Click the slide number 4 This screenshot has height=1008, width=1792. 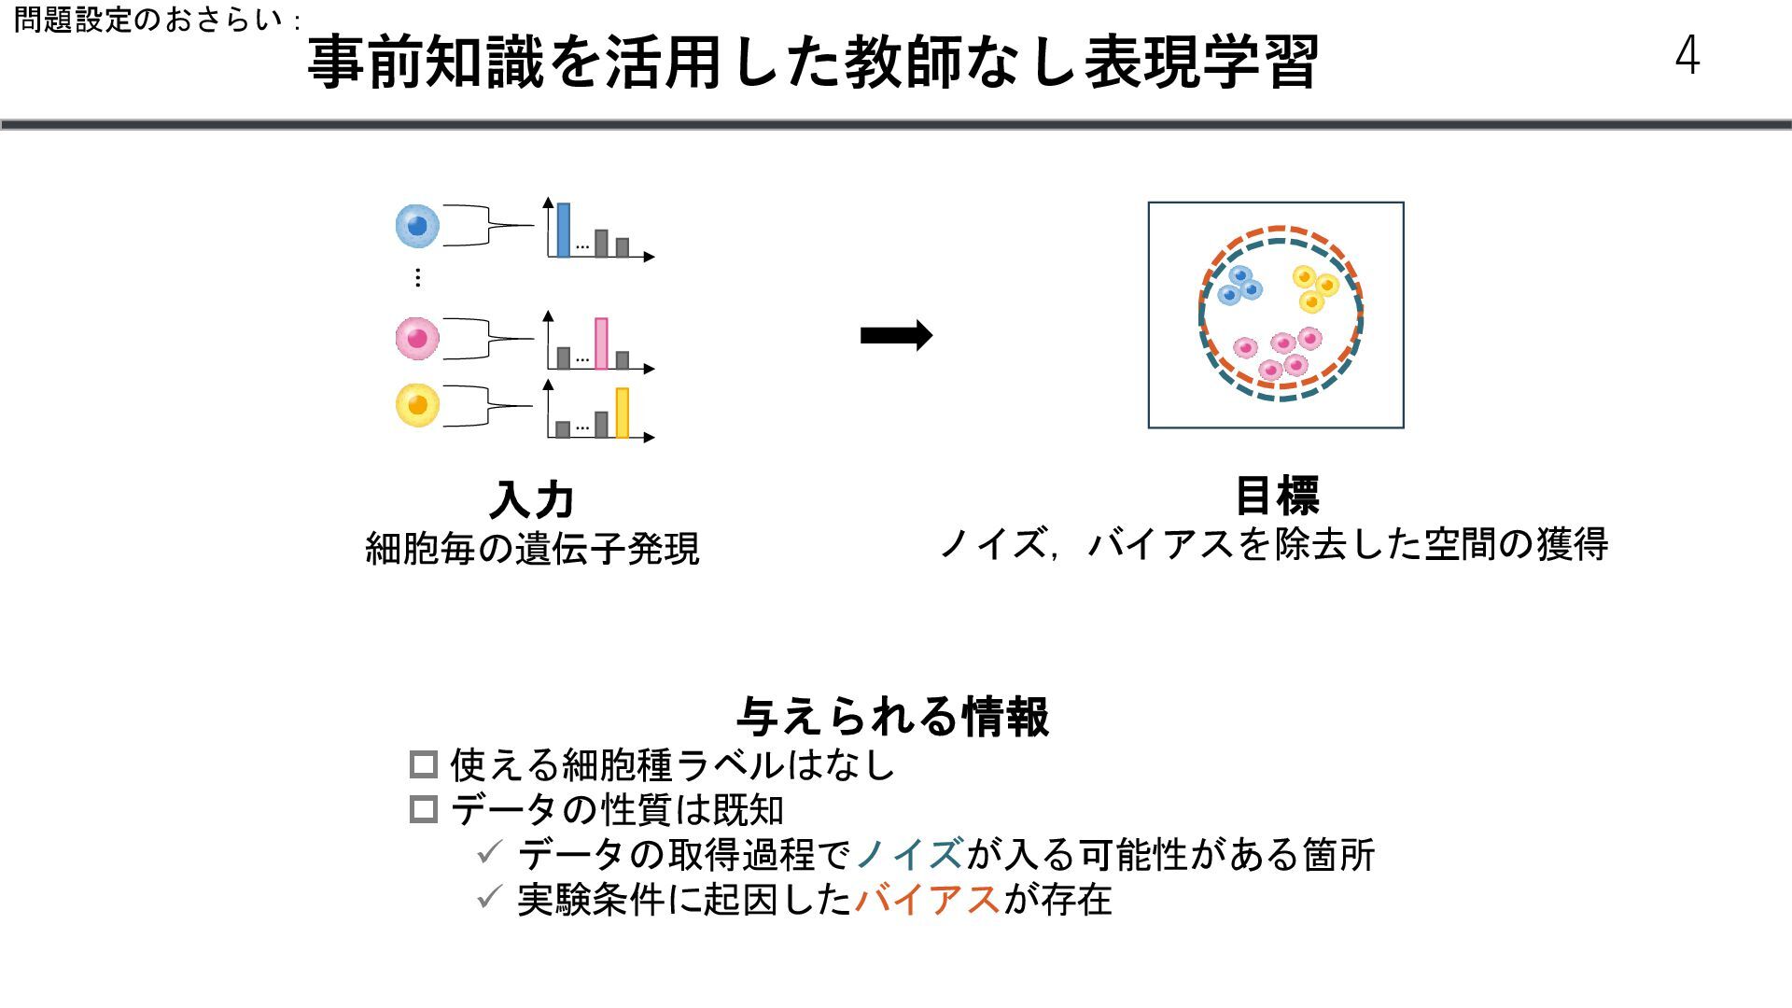point(1687,55)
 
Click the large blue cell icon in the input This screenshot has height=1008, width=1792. point(417,226)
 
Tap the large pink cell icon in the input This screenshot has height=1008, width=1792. point(417,338)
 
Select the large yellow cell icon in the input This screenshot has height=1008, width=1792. point(417,405)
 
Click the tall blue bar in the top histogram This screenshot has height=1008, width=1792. point(563,230)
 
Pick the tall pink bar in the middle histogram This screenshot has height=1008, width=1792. point(601,343)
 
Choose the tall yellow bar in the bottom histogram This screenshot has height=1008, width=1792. point(622,413)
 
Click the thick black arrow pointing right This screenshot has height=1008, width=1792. point(896,335)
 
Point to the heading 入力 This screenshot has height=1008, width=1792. point(531,499)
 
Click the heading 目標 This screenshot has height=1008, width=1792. point(1276,496)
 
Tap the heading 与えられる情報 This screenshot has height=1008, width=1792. point(893,717)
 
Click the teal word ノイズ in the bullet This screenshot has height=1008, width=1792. point(909,854)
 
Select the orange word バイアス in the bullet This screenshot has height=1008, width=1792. point(928,900)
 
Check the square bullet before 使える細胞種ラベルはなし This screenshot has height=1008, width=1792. point(424,764)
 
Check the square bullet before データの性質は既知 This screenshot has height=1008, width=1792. point(424,809)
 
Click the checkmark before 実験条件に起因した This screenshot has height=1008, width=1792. point(489,898)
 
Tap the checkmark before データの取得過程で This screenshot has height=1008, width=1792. point(489,852)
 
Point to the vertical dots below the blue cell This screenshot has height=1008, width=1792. point(417,277)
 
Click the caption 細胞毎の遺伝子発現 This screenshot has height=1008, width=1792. point(532,548)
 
